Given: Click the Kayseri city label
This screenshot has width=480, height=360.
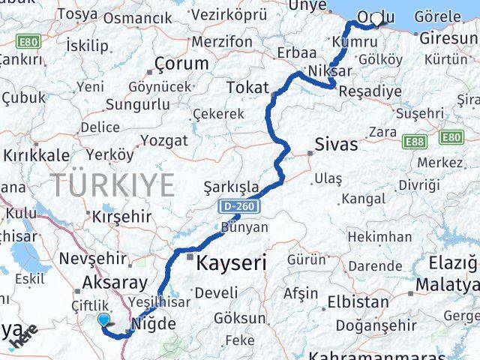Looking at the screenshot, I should [232, 264].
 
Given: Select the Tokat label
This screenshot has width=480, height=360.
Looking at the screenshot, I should [247, 88].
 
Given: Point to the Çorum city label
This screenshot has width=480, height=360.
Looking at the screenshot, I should [181, 64].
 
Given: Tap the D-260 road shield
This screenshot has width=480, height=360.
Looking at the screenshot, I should [237, 204].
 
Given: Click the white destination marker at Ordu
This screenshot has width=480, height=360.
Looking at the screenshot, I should [376, 19].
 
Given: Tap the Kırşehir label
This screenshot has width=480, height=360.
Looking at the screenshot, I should [116, 216].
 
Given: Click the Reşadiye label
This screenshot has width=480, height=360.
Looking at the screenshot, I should [370, 91].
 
